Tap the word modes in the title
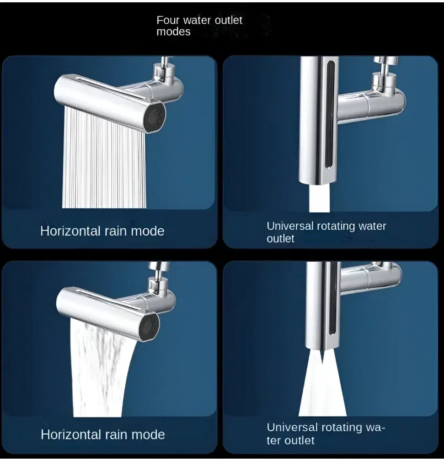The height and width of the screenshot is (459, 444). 173,32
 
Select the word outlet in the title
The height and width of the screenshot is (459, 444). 229,20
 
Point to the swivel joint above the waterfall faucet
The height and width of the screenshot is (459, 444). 158,278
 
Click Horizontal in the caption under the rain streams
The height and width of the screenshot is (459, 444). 70,231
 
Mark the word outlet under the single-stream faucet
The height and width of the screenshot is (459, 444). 280,238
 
